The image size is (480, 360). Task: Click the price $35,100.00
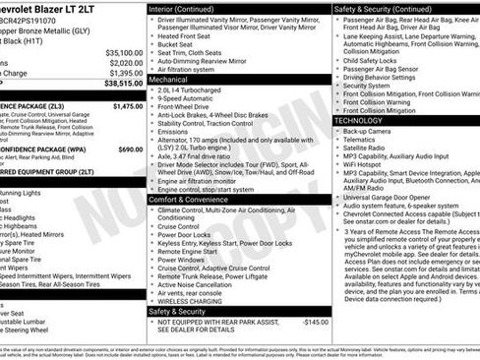coord(124,52)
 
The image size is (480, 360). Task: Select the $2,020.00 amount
coord(125,62)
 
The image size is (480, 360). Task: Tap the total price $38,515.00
coord(124,85)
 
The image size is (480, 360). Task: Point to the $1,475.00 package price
coord(127,106)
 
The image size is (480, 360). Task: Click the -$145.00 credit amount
coord(315,321)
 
